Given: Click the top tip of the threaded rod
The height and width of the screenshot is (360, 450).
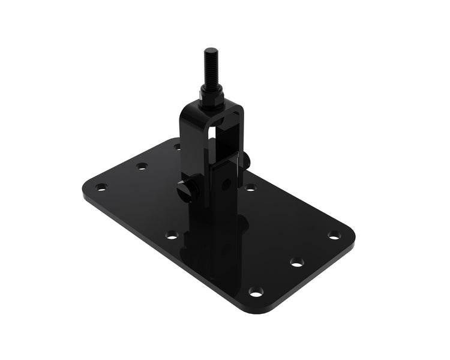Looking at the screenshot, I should point(211,50).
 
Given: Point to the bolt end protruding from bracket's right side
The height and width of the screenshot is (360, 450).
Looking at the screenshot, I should point(246,160).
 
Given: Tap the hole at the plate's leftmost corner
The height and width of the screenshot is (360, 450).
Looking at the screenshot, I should point(101,187).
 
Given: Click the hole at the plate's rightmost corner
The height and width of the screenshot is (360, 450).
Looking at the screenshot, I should point(334,235).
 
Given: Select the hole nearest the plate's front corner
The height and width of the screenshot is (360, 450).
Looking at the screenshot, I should point(256,292).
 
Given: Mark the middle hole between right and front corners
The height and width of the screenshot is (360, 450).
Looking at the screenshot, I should point(296,262).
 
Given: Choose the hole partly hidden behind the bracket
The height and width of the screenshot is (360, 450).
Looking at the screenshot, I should point(177,146).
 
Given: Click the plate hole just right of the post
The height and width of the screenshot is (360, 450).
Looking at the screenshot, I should point(250,187).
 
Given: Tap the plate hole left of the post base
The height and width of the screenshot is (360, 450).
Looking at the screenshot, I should point(172,235).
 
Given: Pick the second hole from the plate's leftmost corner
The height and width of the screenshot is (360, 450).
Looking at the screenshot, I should point(142,166).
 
